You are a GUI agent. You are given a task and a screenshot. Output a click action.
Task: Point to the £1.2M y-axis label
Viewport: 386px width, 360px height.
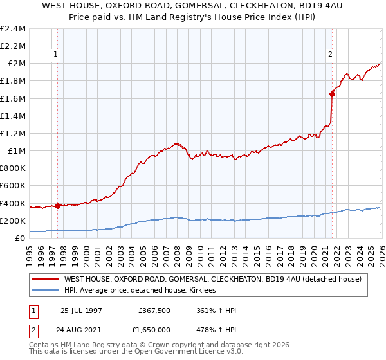tap(13, 134)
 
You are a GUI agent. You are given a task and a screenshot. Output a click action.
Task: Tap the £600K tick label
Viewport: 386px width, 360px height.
tap(13, 186)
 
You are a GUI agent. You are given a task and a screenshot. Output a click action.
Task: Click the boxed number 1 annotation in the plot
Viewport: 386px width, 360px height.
tap(57, 55)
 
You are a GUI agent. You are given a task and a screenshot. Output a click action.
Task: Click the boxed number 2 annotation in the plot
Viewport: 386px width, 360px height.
tap(330, 55)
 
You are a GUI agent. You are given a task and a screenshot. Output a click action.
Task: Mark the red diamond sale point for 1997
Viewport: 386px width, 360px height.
tap(57, 206)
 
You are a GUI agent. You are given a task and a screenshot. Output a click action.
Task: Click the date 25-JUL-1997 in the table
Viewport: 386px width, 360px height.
tap(81, 310)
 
